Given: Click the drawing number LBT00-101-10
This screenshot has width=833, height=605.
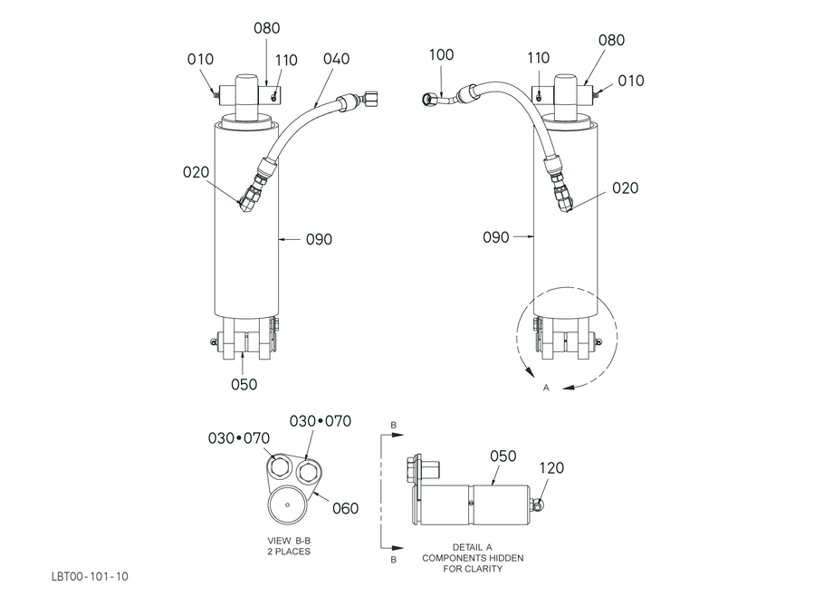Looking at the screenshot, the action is point(90,576).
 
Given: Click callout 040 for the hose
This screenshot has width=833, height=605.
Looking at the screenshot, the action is point(336,59).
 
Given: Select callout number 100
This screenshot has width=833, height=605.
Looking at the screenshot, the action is point(441,54).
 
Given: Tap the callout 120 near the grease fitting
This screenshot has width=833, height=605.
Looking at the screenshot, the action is point(551,468).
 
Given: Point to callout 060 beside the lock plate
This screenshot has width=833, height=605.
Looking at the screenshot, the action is point(345,508).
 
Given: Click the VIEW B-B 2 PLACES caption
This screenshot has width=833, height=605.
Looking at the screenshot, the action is point(289,546).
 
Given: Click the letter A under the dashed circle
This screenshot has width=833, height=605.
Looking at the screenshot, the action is point(546,389).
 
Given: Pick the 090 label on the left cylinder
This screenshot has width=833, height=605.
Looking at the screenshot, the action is point(319,240).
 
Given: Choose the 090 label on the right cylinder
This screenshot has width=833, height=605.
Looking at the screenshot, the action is point(495,237).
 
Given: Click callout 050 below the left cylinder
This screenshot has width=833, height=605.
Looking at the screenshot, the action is point(244,385).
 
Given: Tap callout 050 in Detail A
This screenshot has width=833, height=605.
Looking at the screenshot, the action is point(503,456).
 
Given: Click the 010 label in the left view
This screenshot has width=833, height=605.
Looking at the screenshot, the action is point(200,59).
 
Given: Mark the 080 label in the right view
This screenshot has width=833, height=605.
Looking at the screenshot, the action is point(611,41).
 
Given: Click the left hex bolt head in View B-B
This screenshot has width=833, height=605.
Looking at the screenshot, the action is point(280,467).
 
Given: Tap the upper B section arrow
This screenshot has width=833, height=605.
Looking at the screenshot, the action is point(392,435).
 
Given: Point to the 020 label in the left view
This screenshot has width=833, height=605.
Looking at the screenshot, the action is point(196,172).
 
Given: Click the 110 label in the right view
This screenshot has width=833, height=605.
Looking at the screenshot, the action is point(538,58).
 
